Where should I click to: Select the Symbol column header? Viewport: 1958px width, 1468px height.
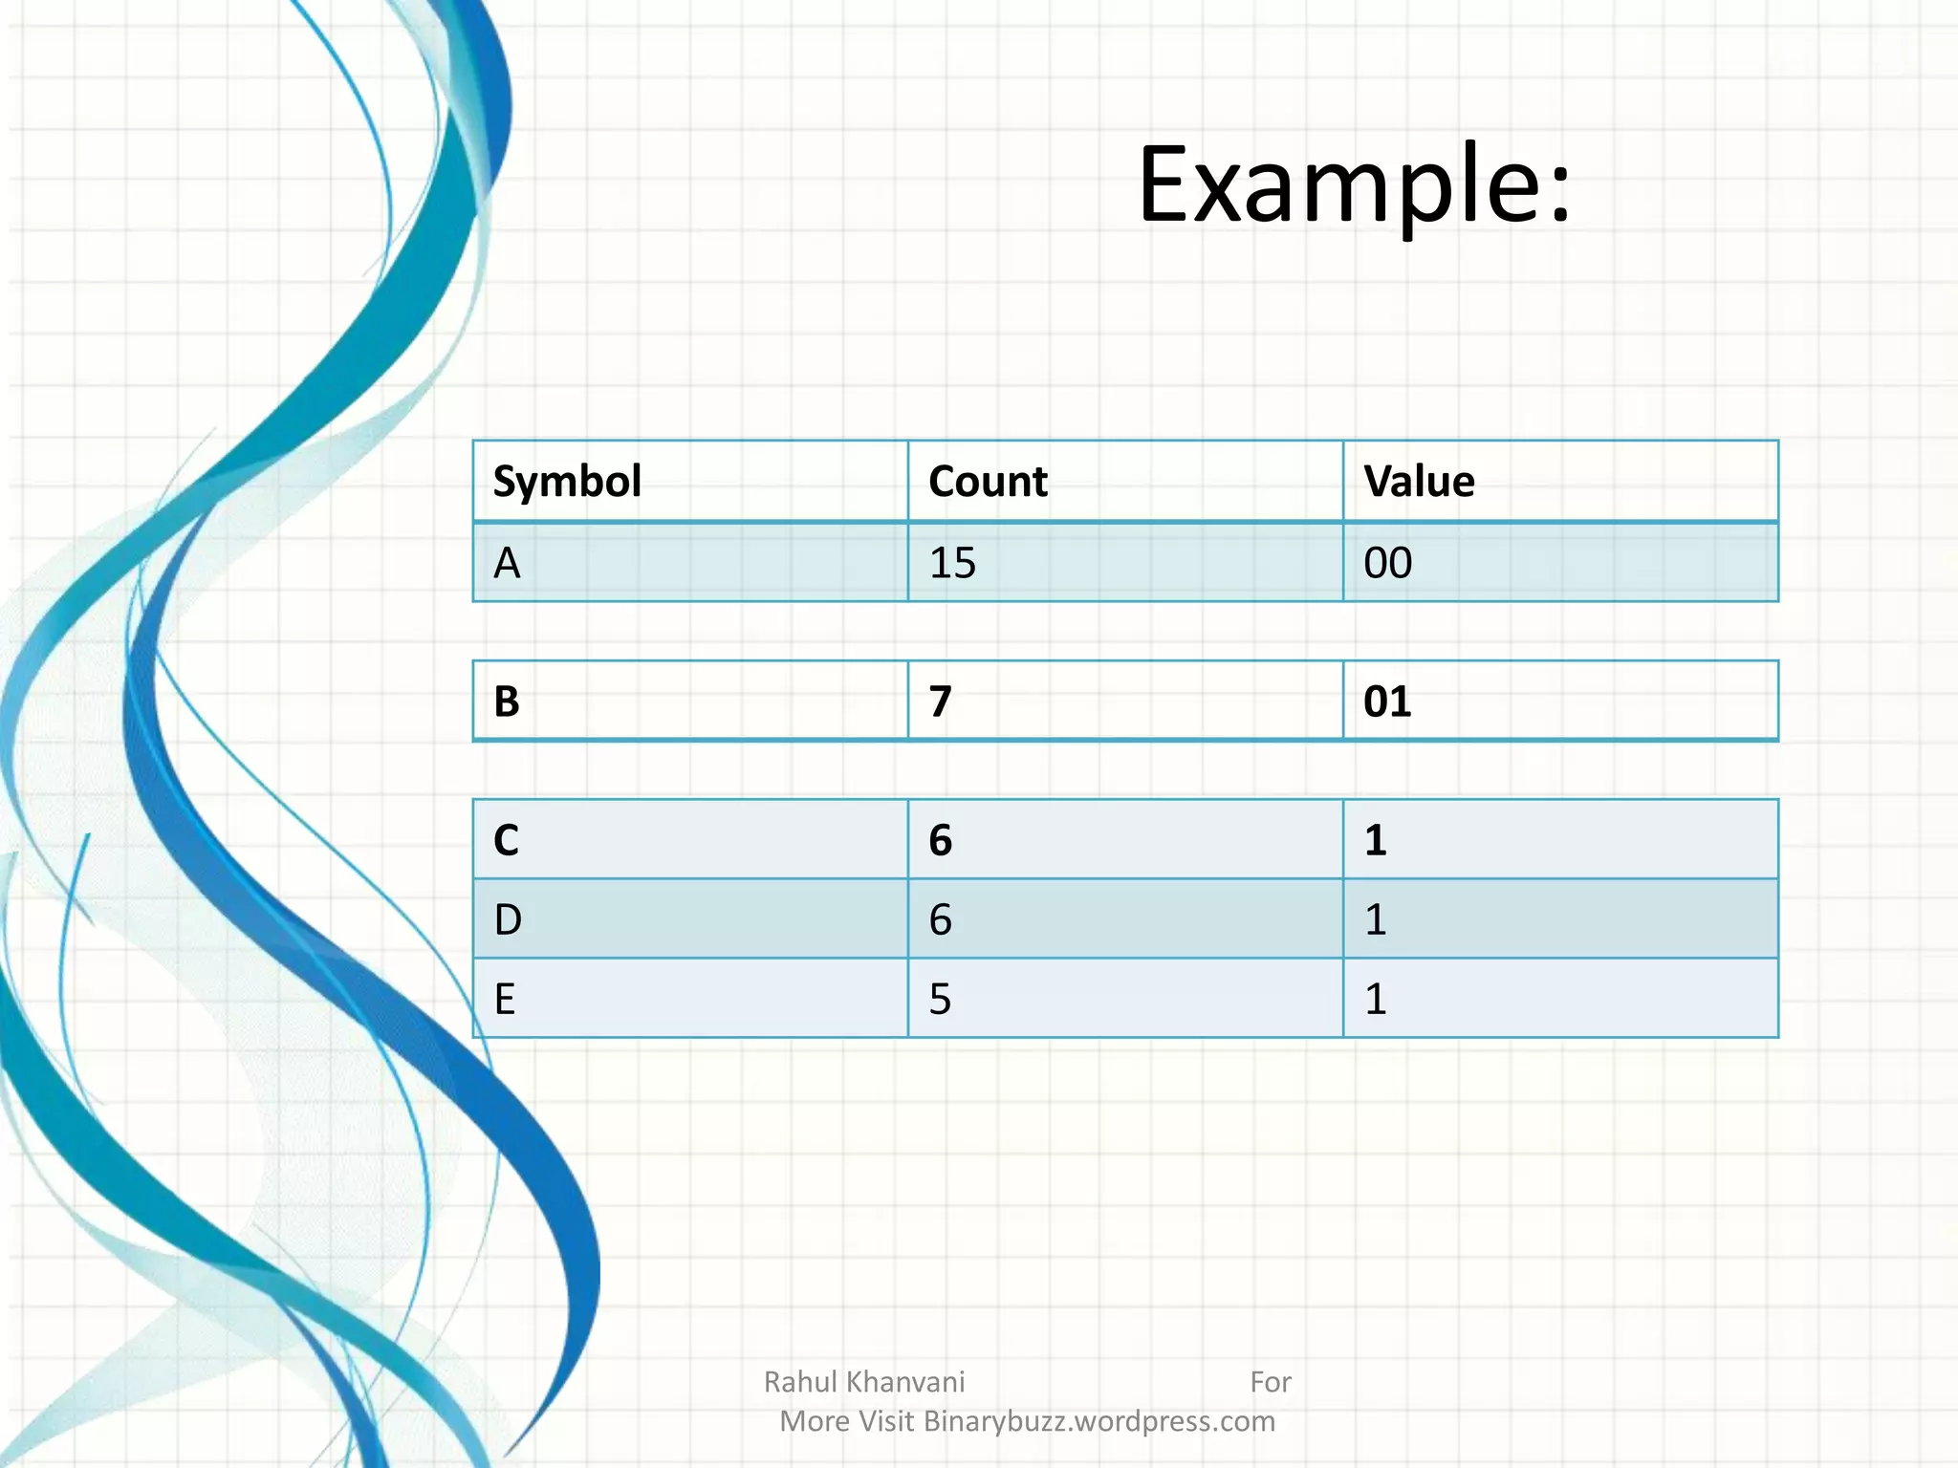point(567,482)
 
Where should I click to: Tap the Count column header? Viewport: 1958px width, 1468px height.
point(988,482)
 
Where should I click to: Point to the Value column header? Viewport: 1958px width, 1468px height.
point(1419,482)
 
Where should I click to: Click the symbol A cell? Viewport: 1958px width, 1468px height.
point(507,563)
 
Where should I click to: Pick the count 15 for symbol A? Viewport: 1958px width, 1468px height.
point(952,563)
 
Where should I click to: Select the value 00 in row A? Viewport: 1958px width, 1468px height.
point(1387,563)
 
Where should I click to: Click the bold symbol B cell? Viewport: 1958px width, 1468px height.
point(507,702)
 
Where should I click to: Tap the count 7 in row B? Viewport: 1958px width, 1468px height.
point(941,702)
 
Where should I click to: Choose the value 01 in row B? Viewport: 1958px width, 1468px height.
point(1387,702)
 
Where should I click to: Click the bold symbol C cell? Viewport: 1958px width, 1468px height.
point(507,840)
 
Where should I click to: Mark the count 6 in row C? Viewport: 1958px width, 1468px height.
point(941,840)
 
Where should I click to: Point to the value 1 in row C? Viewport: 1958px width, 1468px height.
point(1376,840)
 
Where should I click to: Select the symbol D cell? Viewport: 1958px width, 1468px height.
point(508,919)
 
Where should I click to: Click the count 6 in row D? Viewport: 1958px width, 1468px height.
point(941,919)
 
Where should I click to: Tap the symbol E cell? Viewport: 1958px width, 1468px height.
point(505,999)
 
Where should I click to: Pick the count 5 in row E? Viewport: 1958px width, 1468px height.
point(941,999)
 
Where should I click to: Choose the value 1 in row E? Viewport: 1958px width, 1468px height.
point(1376,999)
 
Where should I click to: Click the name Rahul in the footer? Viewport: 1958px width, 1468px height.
point(801,1382)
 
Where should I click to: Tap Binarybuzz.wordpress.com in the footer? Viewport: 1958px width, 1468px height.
point(1099,1421)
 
